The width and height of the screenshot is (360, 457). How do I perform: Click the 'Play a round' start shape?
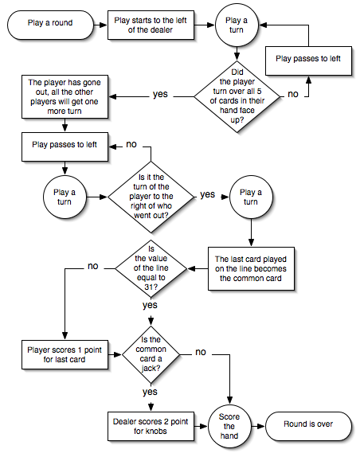click(x=50, y=25)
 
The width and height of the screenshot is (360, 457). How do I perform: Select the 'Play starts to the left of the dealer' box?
click(x=151, y=25)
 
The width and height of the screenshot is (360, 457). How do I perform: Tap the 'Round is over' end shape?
click(x=308, y=426)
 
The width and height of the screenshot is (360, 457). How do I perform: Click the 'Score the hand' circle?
click(x=229, y=426)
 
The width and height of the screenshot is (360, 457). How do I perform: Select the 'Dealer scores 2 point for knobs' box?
click(x=151, y=426)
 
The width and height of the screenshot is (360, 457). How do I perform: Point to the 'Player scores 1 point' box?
click(x=65, y=355)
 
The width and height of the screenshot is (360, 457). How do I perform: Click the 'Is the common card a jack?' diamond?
click(x=151, y=355)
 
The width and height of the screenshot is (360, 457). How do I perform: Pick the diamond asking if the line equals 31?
click(x=151, y=269)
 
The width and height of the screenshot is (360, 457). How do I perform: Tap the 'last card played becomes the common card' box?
click(x=251, y=269)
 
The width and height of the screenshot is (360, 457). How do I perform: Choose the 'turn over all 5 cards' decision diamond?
click(x=237, y=96)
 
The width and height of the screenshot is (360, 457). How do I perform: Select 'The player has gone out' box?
click(x=65, y=97)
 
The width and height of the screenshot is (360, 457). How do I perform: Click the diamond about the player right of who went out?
click(x=151, y=197)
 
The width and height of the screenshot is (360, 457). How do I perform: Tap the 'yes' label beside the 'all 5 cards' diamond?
click(x=160, y=94)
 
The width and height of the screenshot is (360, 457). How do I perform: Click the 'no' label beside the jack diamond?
click(x=201, y=352)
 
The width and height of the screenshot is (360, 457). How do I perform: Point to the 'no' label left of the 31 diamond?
click(x=93, y=266)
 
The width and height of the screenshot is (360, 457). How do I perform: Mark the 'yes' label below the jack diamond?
click(x=150, y=392)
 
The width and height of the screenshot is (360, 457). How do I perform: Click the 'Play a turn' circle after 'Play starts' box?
click(x=237, y=25)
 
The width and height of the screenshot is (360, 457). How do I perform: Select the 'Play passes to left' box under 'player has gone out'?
click(x=65, y=146)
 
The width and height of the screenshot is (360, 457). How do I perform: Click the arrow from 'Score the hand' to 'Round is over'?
click(x=258, y=427)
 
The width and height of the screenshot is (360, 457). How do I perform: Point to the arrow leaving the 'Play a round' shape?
click(x=100, y=25)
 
